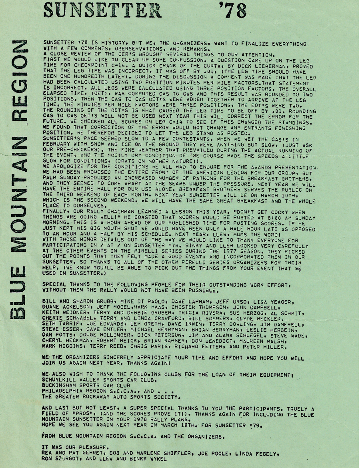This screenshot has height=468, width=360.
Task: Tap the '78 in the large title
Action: (x=232, y=10)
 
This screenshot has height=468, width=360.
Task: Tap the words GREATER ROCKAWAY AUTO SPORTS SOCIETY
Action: (x=116, y=397)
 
